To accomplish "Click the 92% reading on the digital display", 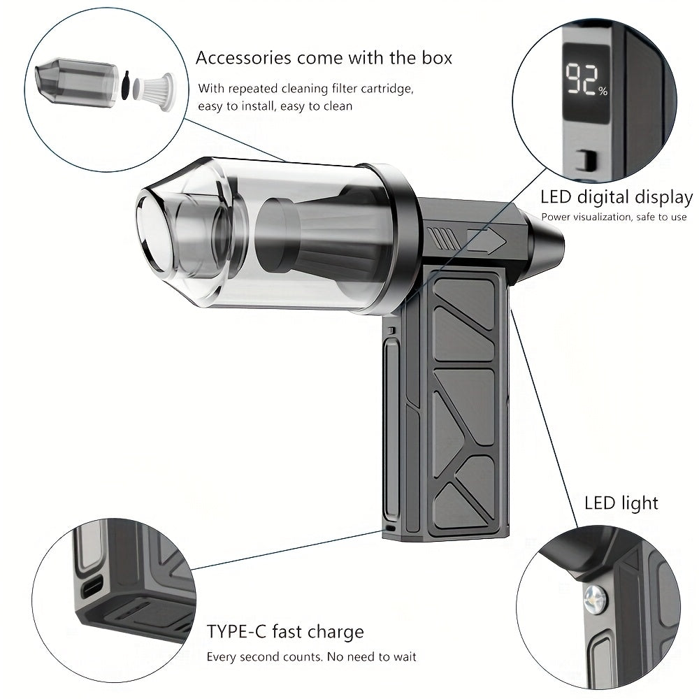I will point(586,80).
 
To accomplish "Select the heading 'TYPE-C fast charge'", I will point(285,633).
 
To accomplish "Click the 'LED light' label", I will point(621,503).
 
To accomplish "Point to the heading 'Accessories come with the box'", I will point(324,57).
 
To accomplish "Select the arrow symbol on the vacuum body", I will point(487,240).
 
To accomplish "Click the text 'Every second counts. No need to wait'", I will point(311,657).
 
